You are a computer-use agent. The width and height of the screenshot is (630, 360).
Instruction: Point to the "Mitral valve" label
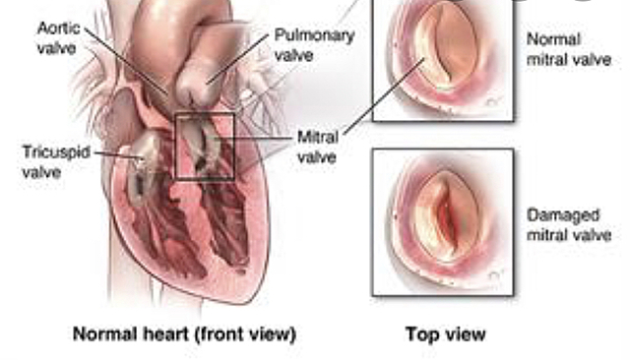click(x=317, y=147)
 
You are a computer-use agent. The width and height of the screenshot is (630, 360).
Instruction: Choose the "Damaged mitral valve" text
click(x=568, y=224)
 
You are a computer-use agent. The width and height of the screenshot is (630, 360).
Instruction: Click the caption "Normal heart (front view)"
click(x=184, y=334)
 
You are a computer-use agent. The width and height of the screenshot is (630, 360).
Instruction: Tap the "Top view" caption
click(x=446, y=334)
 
